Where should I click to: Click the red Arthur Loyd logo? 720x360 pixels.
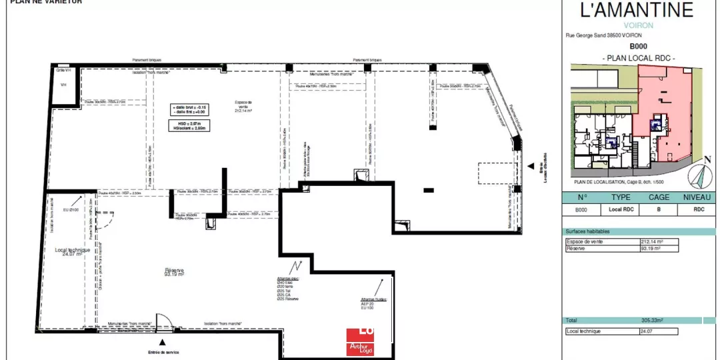pos(360,341)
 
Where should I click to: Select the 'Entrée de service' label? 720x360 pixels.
pos(163,352)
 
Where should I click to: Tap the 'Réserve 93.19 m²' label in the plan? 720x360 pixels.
pos(175,272)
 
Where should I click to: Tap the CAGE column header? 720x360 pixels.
pos(659,197)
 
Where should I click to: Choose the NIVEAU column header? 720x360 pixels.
pos(697,197)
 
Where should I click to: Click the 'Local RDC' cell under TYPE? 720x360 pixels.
pos(621,209)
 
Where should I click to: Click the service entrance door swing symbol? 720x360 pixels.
pos(163,321)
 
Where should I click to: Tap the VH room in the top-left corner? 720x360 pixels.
pos(64,85)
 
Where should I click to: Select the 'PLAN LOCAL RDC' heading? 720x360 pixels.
pos(639,59)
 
